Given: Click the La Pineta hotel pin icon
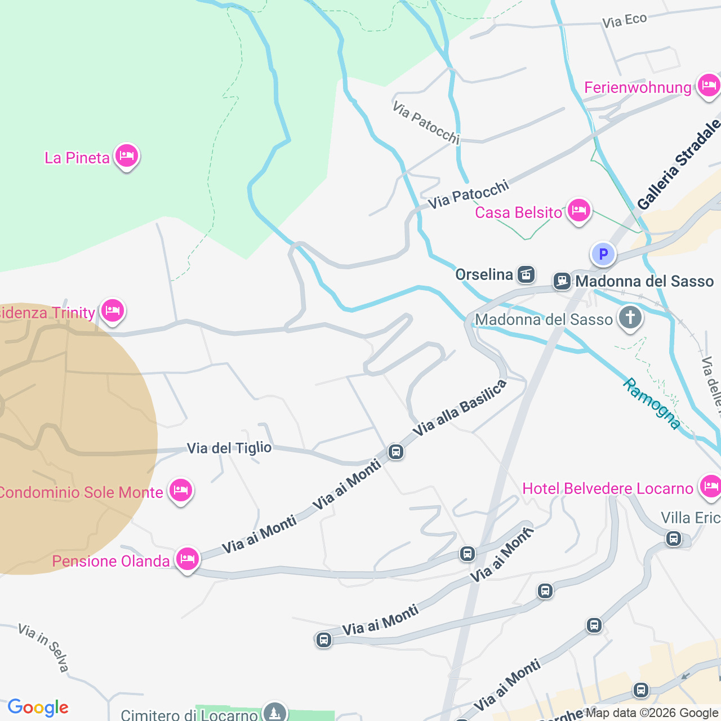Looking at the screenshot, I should [x=126, y=155].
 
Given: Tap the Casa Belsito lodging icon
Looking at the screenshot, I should [x=578, y=211].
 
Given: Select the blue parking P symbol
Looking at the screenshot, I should [x=603, y=255].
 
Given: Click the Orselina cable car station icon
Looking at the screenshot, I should [x=526, y=274].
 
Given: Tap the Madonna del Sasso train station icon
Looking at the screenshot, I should [x=562, y=281].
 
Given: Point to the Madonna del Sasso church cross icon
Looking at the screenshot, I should [x=630, y=318].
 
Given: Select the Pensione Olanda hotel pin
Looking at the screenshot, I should [x=187, y=559].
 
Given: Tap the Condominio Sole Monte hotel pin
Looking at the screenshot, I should [x=180, y=491].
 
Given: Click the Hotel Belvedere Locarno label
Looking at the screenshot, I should [x=607, y=488].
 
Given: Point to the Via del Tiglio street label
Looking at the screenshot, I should [x=229, y=448].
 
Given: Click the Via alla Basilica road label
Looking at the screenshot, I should [x=460, y=408].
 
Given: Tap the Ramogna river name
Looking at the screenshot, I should [x=652, y=403].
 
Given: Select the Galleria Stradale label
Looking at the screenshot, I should [x=679, y=164].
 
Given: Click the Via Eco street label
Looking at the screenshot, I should [x=624, y=21].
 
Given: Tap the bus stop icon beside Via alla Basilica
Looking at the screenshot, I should [x=396, y=452].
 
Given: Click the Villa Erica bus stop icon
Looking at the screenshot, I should [x=673, y=538].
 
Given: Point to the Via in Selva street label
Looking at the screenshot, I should [x=43, y=647].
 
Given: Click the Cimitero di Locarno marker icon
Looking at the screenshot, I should [x=274, y=712].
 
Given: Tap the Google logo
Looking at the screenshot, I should [x=38, y=707].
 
